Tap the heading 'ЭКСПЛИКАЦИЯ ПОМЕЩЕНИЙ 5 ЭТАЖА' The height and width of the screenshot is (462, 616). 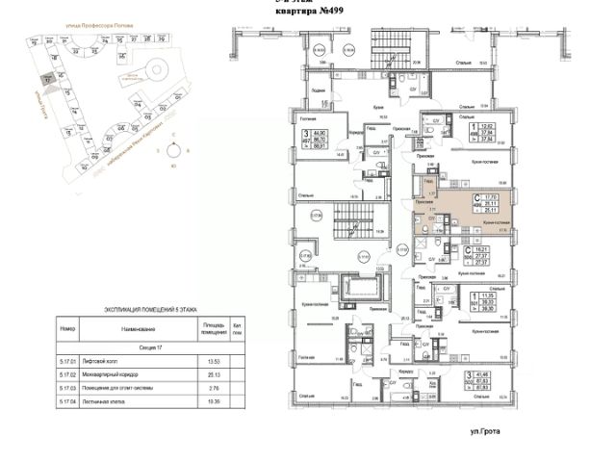(149, 310)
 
